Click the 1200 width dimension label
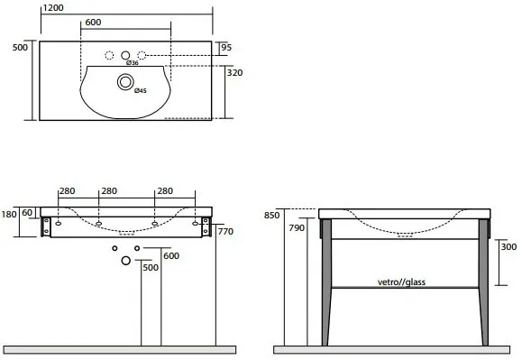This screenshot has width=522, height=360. [53, 7]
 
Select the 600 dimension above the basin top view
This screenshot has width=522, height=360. [93, 23]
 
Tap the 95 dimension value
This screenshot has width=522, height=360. [226, 47]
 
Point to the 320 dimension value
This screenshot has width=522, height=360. [234, 72]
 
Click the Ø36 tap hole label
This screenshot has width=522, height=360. [133, 63]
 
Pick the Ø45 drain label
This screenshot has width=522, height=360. [141, 90]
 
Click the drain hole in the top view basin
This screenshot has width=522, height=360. [125, 82]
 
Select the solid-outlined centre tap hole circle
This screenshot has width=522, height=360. [125, 55]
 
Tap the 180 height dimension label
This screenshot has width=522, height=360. [9, 214]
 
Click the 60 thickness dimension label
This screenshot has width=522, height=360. [27, 212]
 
